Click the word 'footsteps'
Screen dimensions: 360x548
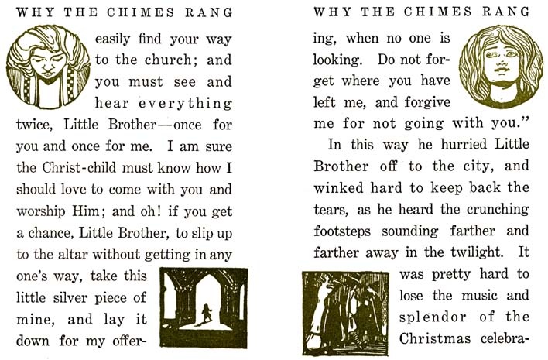point(348,231)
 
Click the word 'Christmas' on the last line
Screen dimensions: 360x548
point(436,339)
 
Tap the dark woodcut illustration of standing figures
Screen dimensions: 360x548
point(345,313)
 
